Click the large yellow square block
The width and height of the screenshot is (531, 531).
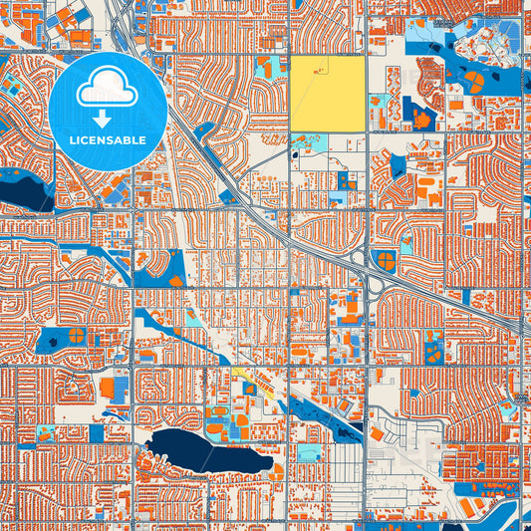tap(327, 94)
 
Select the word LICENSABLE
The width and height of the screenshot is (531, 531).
tap(107, 140)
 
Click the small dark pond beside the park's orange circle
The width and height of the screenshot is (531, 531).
tap(50, 342)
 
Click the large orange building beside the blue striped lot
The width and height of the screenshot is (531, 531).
tap(108, 387)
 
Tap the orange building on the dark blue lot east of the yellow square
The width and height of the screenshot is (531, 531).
tap(424, 121)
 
